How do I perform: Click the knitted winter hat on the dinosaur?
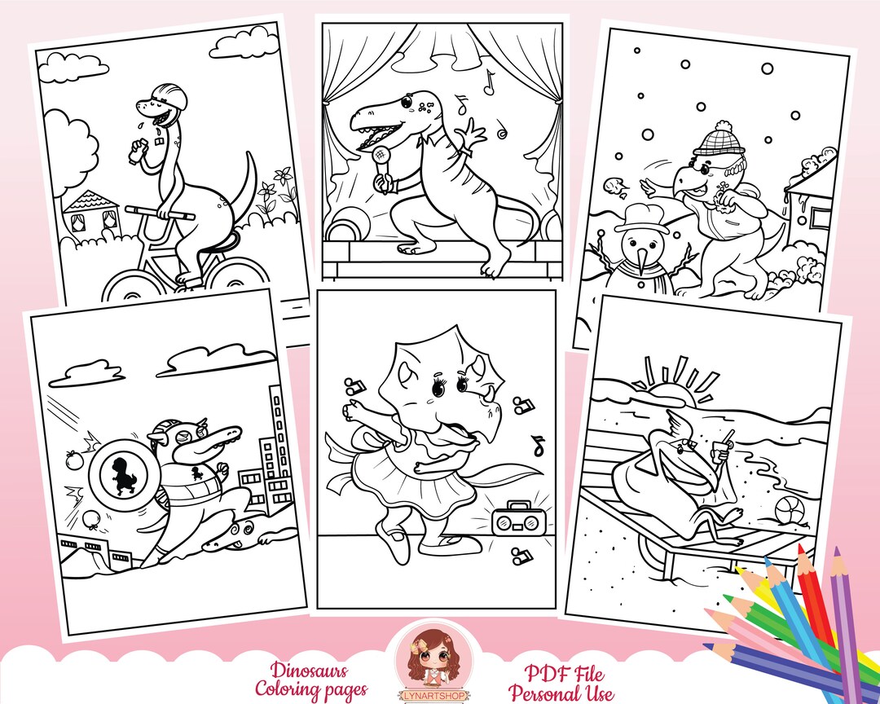click(717, 141)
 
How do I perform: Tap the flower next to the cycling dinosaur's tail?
click(283, 180)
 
